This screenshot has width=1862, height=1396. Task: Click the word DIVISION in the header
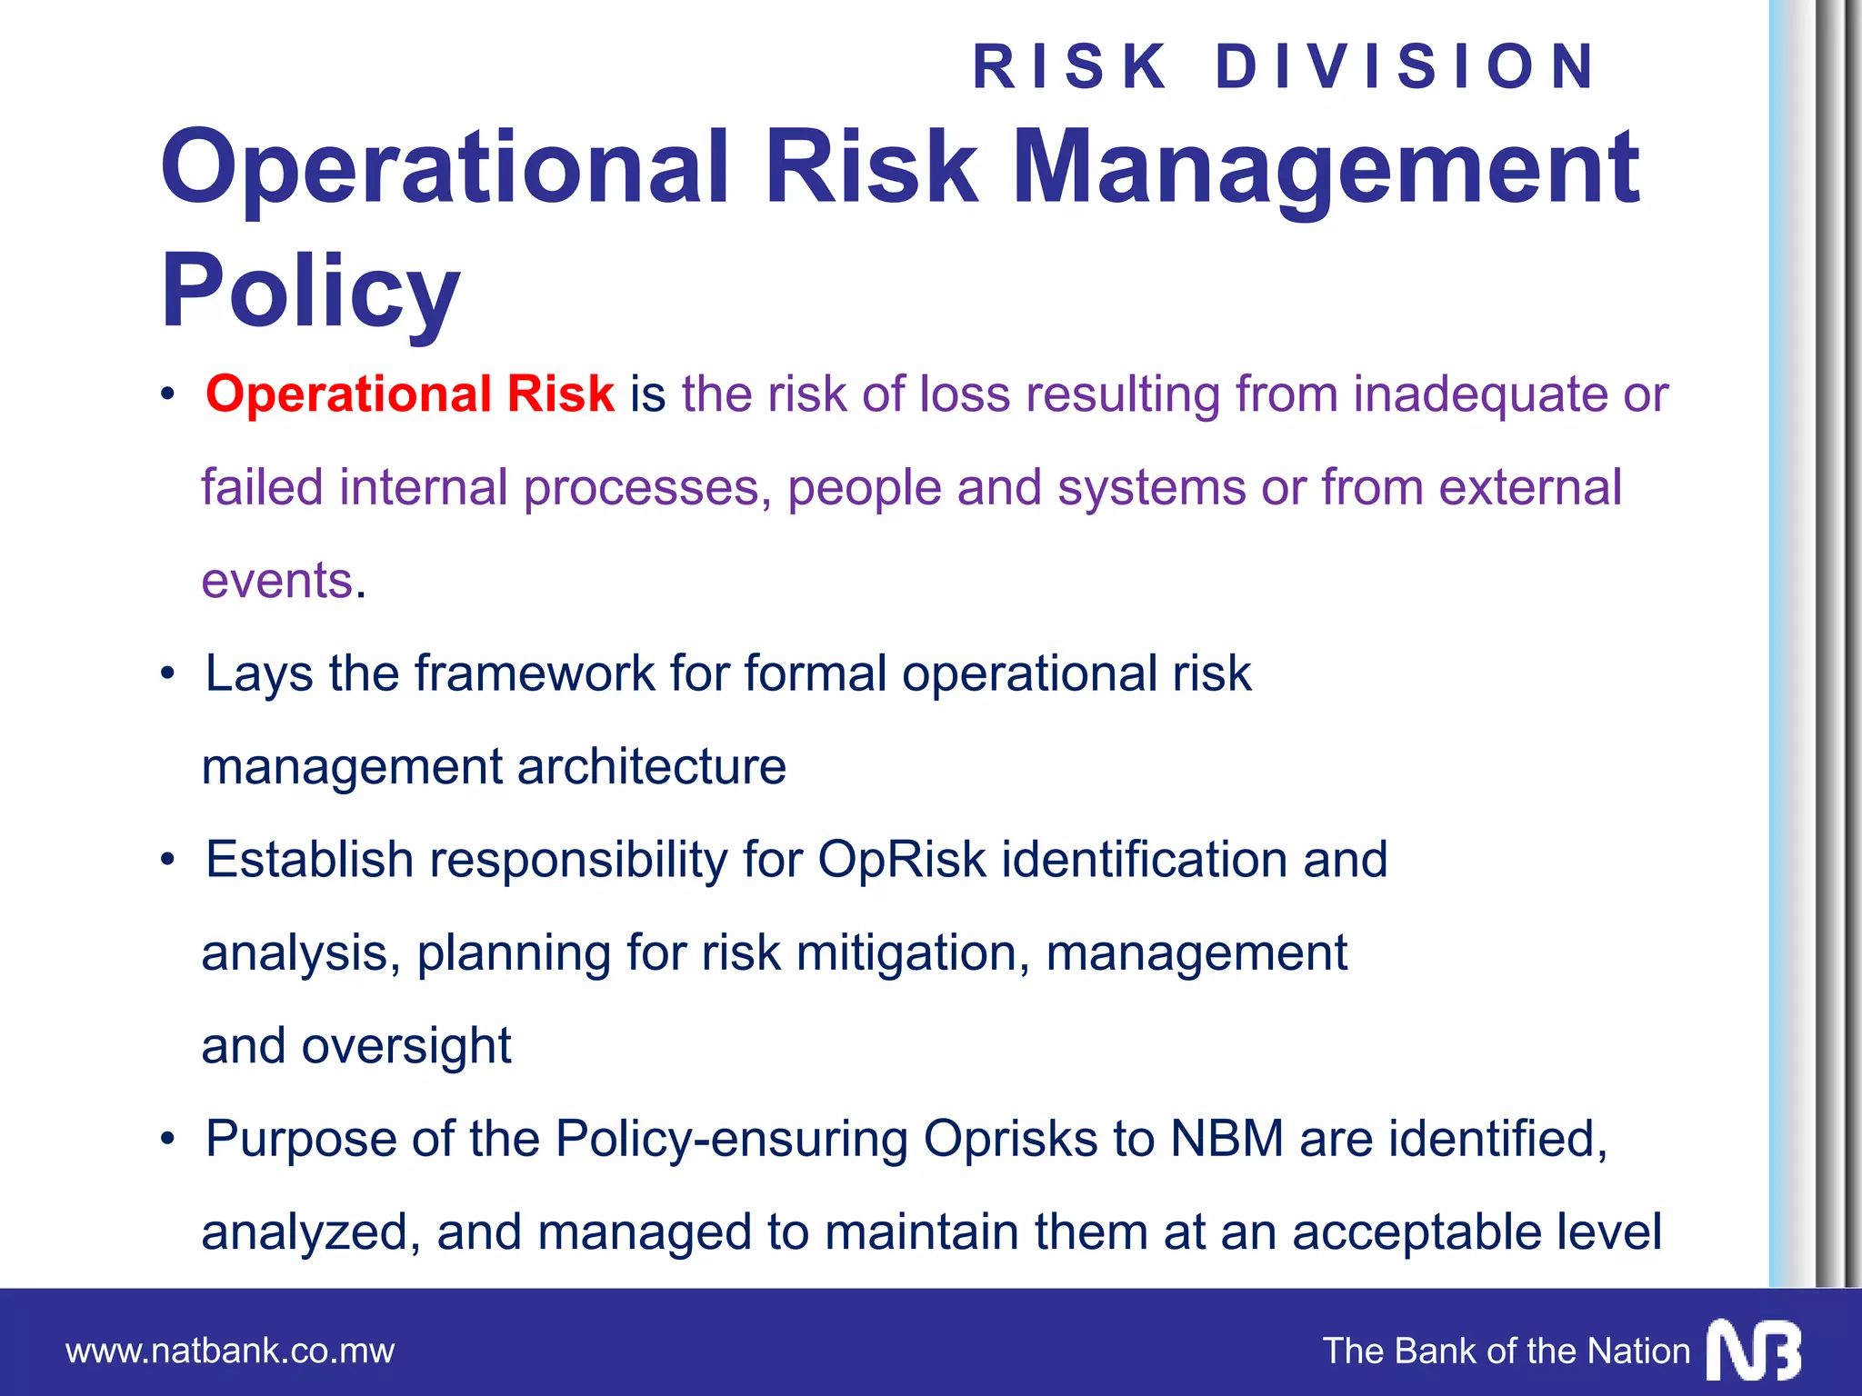(x=1406, y=66)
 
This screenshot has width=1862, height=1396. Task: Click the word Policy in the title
(x=310, y=291)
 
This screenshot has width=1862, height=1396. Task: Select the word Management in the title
(x=1325, y=168)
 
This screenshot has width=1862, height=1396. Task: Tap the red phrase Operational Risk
(x=410, y=394)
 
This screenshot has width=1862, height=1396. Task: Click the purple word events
(x=277, y=581)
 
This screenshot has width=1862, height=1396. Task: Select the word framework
(x=535, y=673)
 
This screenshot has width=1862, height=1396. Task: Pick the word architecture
(x=651, y=766)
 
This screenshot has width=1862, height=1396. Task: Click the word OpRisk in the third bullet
(x=901, y=860)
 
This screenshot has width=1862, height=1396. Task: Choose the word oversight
(x=406, y=1046)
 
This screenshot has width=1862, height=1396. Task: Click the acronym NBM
(x=1226, y=1139)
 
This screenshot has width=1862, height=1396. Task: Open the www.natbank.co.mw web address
(x=230, y=1351)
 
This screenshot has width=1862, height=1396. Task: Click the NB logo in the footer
(x=1754, y=1351)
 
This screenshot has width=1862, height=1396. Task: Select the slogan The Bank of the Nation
(x=1506, y=1351)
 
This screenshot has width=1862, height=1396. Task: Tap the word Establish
(x=309, y=860)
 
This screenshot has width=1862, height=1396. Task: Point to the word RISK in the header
(x=1070, y=66)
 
